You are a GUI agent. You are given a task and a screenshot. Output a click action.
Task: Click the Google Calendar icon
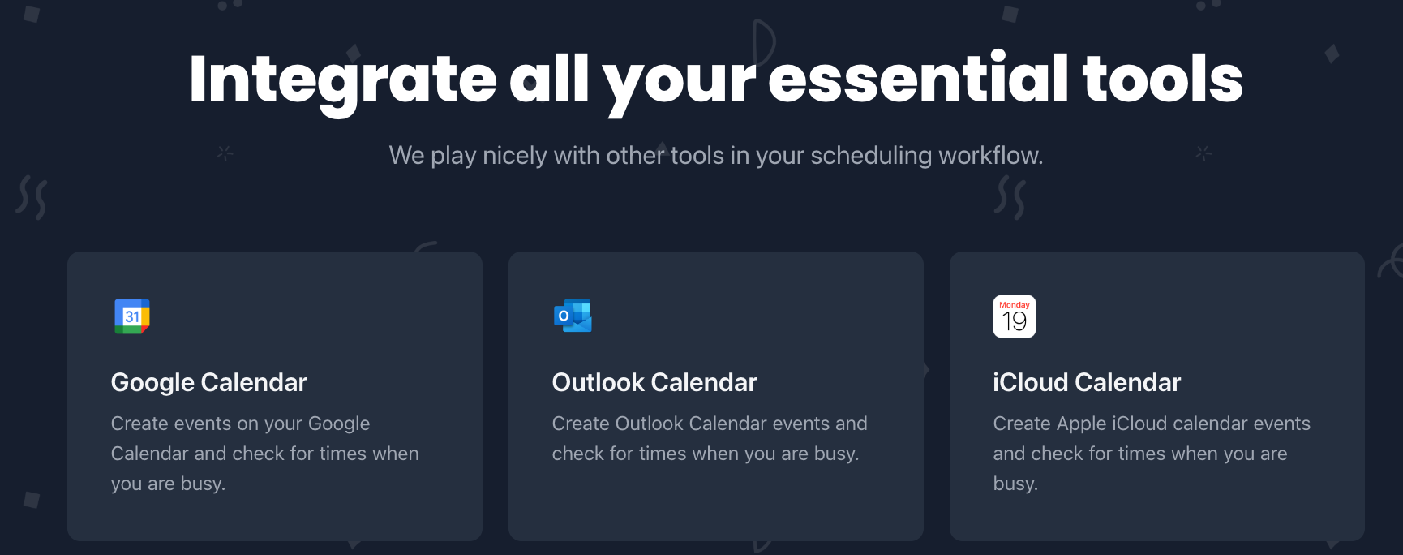[x=132, y=316]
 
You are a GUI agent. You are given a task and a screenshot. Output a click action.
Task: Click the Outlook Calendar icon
[x=573, y=316]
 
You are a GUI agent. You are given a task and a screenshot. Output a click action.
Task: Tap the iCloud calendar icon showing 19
[x=1015, y=316]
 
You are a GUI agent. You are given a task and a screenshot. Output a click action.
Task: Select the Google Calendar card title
[x=208, y=382]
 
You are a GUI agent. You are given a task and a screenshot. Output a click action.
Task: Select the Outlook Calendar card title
[x=654, y=382]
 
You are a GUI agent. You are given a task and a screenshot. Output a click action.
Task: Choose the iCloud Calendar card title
[x=1087, y=382]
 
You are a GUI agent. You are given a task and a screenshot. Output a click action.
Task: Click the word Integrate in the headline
[x=342, y=80]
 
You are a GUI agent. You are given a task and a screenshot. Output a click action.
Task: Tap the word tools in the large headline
[x=1162, y=80]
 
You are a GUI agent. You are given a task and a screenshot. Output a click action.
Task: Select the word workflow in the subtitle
[x=989, y=155]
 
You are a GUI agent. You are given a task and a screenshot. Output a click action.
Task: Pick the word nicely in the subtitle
[x=514, y=155]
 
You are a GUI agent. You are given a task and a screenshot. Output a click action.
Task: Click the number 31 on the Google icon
[x=132, y=316]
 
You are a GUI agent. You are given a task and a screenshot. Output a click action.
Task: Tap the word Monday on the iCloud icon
[x=1015, y=305]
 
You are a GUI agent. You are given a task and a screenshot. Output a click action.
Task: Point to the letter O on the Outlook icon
[x=564, y=316]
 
